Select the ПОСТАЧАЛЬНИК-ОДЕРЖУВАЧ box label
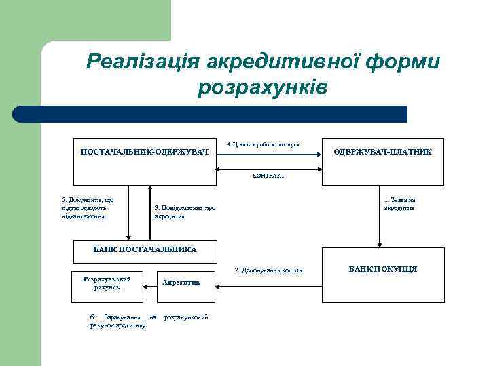pos(144,151)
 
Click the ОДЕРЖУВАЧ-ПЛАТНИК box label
pos(382,151)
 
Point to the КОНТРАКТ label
pos(268,175)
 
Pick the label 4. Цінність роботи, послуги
pos(263,143)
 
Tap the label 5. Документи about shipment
pos(87,207)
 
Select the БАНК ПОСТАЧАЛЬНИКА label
pos(144,249)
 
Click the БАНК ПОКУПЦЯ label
pos(382,269)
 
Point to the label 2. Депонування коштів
pos(268,271)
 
